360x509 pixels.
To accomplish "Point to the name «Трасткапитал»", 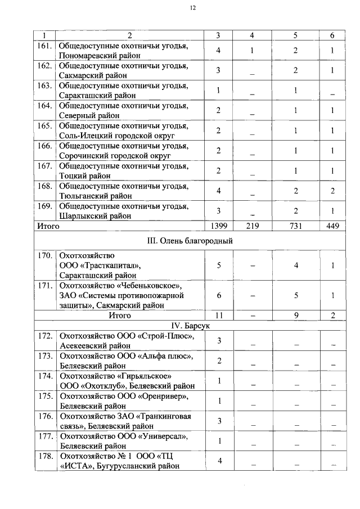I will pos(107,265).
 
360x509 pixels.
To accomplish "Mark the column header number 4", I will pos(252,35).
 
